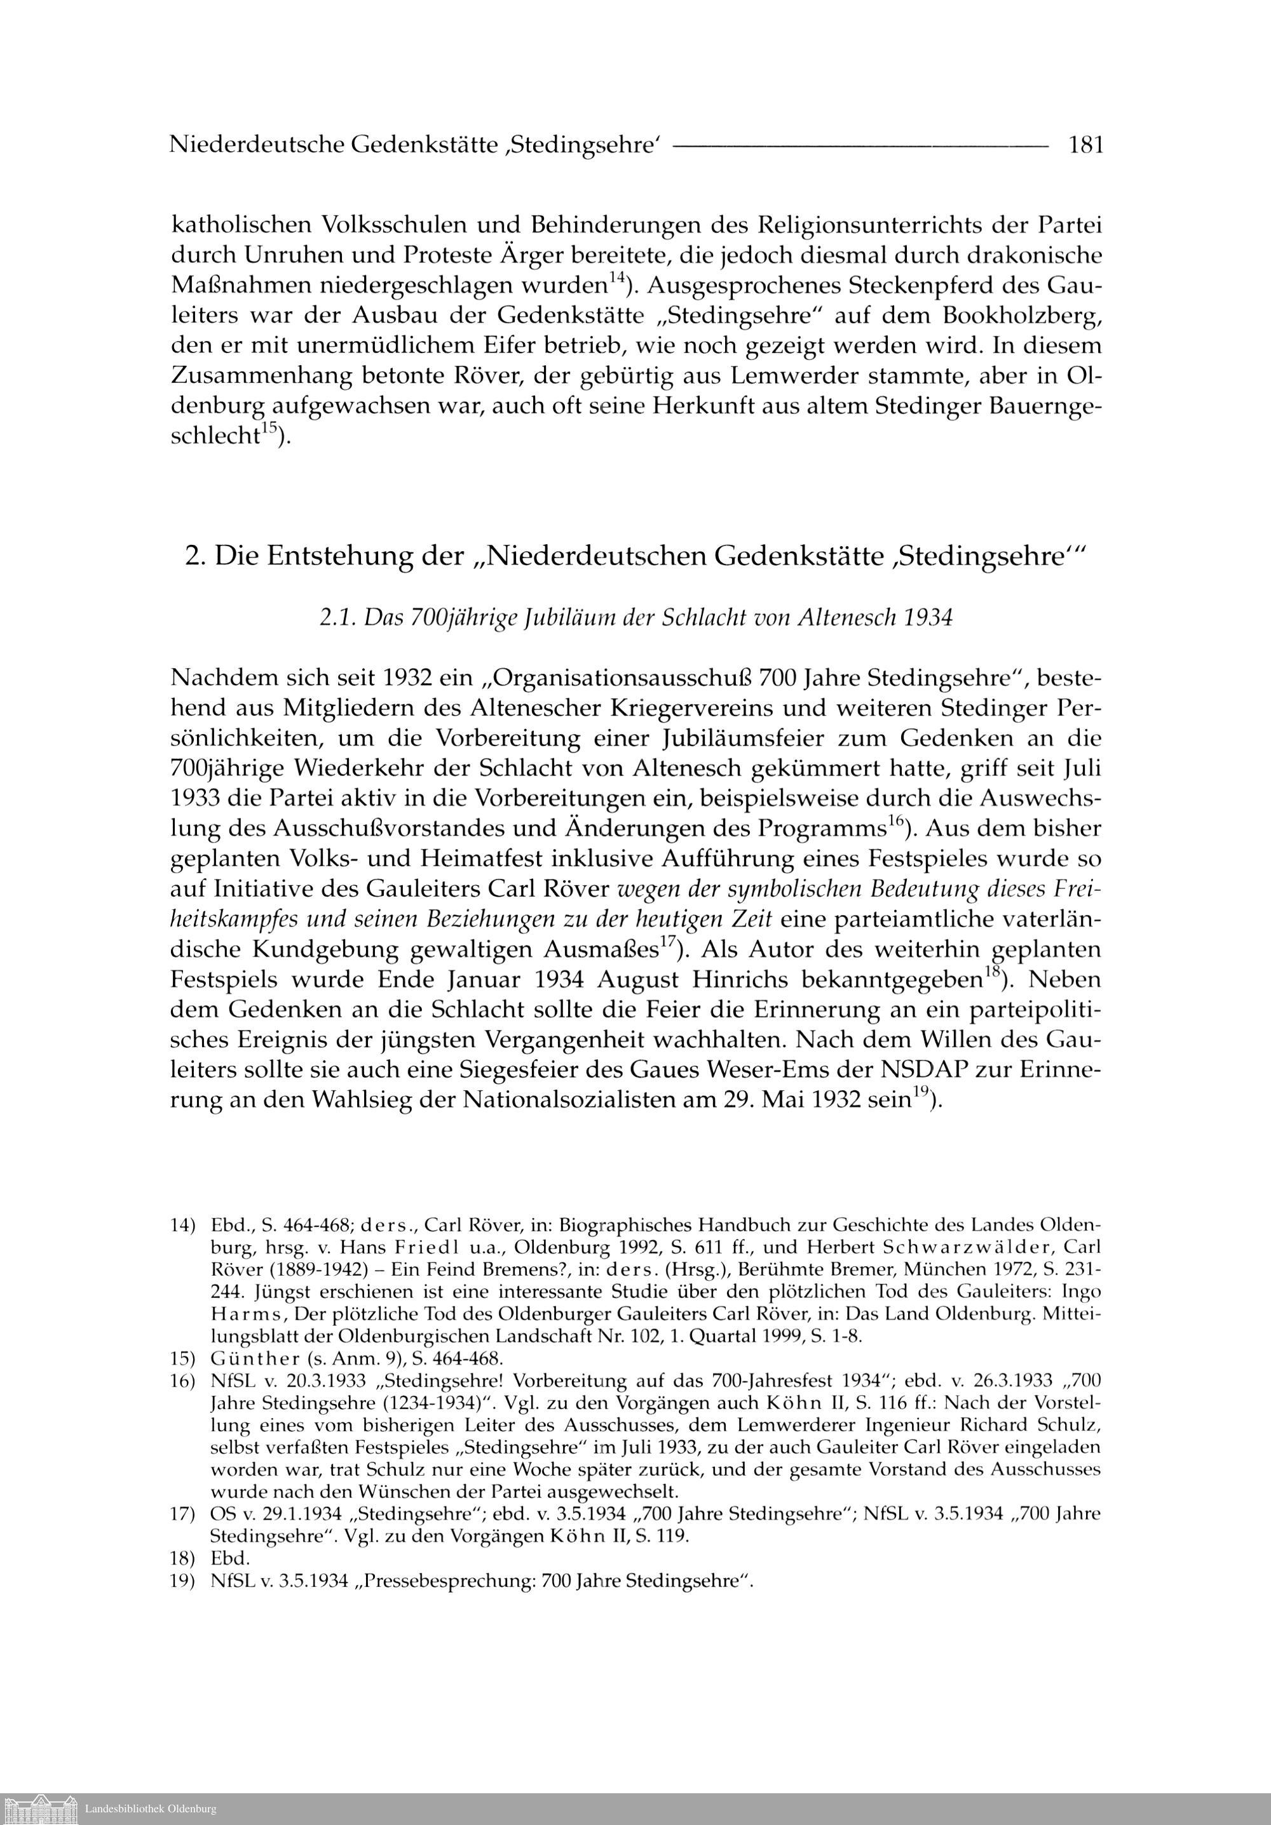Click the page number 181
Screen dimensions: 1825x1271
coord(1085,145)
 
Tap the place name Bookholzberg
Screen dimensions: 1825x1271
coord(1021,316)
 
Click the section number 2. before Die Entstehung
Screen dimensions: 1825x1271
coord(196,556)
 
